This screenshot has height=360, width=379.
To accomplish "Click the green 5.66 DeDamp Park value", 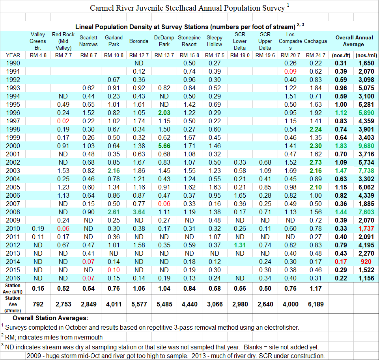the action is (x=164, y=146).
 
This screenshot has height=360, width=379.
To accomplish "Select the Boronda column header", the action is (x=139, y=41).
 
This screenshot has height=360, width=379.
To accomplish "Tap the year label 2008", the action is (x=13, y=212).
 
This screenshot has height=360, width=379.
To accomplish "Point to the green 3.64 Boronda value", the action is (x=139, y=212).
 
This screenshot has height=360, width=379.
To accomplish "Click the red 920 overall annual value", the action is (x=366, y=262).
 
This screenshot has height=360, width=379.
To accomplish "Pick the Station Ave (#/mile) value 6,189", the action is (x=316, y=304).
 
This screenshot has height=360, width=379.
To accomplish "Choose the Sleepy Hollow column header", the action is (x=215, y=41).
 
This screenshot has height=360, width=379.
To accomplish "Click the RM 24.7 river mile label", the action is (x=316, y=55).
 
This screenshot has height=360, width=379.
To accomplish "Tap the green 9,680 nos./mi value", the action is (x=366, y=146).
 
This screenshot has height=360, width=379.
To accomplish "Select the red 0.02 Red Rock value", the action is (x=63, y=121).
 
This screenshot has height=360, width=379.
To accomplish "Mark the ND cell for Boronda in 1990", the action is (x=139, y=63).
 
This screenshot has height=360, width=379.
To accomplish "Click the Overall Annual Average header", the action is (x=354, y=41).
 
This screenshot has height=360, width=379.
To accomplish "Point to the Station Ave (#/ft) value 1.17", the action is (x=316, y=289).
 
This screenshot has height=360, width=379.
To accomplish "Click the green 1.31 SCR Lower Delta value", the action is (x=240, y=245).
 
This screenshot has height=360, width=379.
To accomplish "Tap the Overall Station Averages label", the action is (x=50, y=318).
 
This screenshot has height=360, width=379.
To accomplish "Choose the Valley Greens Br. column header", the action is (x=38, y=41).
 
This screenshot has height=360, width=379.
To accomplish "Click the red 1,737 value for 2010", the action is (x=366, y=229).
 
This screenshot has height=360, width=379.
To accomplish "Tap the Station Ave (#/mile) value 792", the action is (x=38, y=304).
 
